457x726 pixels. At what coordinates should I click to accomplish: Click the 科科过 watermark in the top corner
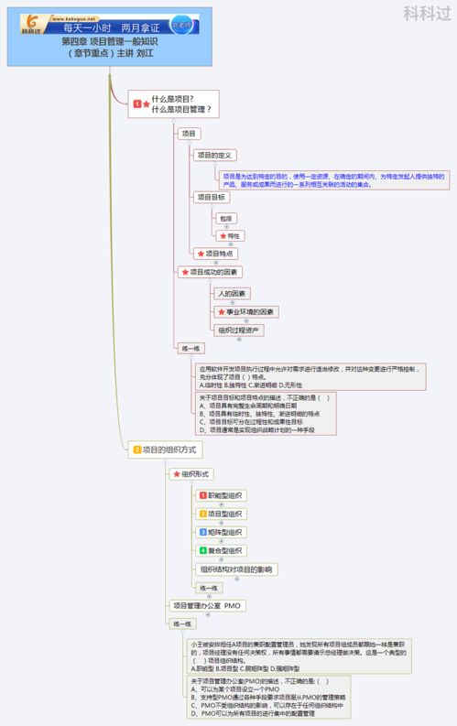pos(425,13)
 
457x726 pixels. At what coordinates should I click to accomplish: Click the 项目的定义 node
pos(215,156)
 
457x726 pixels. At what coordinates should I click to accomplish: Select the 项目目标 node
pos(212,197)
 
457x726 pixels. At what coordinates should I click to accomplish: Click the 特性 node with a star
pos(230,236)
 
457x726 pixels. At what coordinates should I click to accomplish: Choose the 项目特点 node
pos(214,254)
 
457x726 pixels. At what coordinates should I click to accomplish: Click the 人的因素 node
pos(233,294)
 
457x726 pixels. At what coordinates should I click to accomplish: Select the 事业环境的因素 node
pos(245,312)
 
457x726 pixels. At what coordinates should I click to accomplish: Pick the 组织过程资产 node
pos(239,330)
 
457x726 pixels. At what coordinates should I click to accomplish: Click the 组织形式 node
pos(191,474)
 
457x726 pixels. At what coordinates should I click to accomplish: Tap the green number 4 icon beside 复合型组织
pos(203,550)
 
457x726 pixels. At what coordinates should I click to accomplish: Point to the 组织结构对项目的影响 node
pos(236,569)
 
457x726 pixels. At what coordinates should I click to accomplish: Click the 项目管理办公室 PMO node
pos(207,606)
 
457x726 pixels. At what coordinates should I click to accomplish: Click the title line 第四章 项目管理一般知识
pos(110,41)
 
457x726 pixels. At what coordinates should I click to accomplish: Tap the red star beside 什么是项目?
pos(146,104)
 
